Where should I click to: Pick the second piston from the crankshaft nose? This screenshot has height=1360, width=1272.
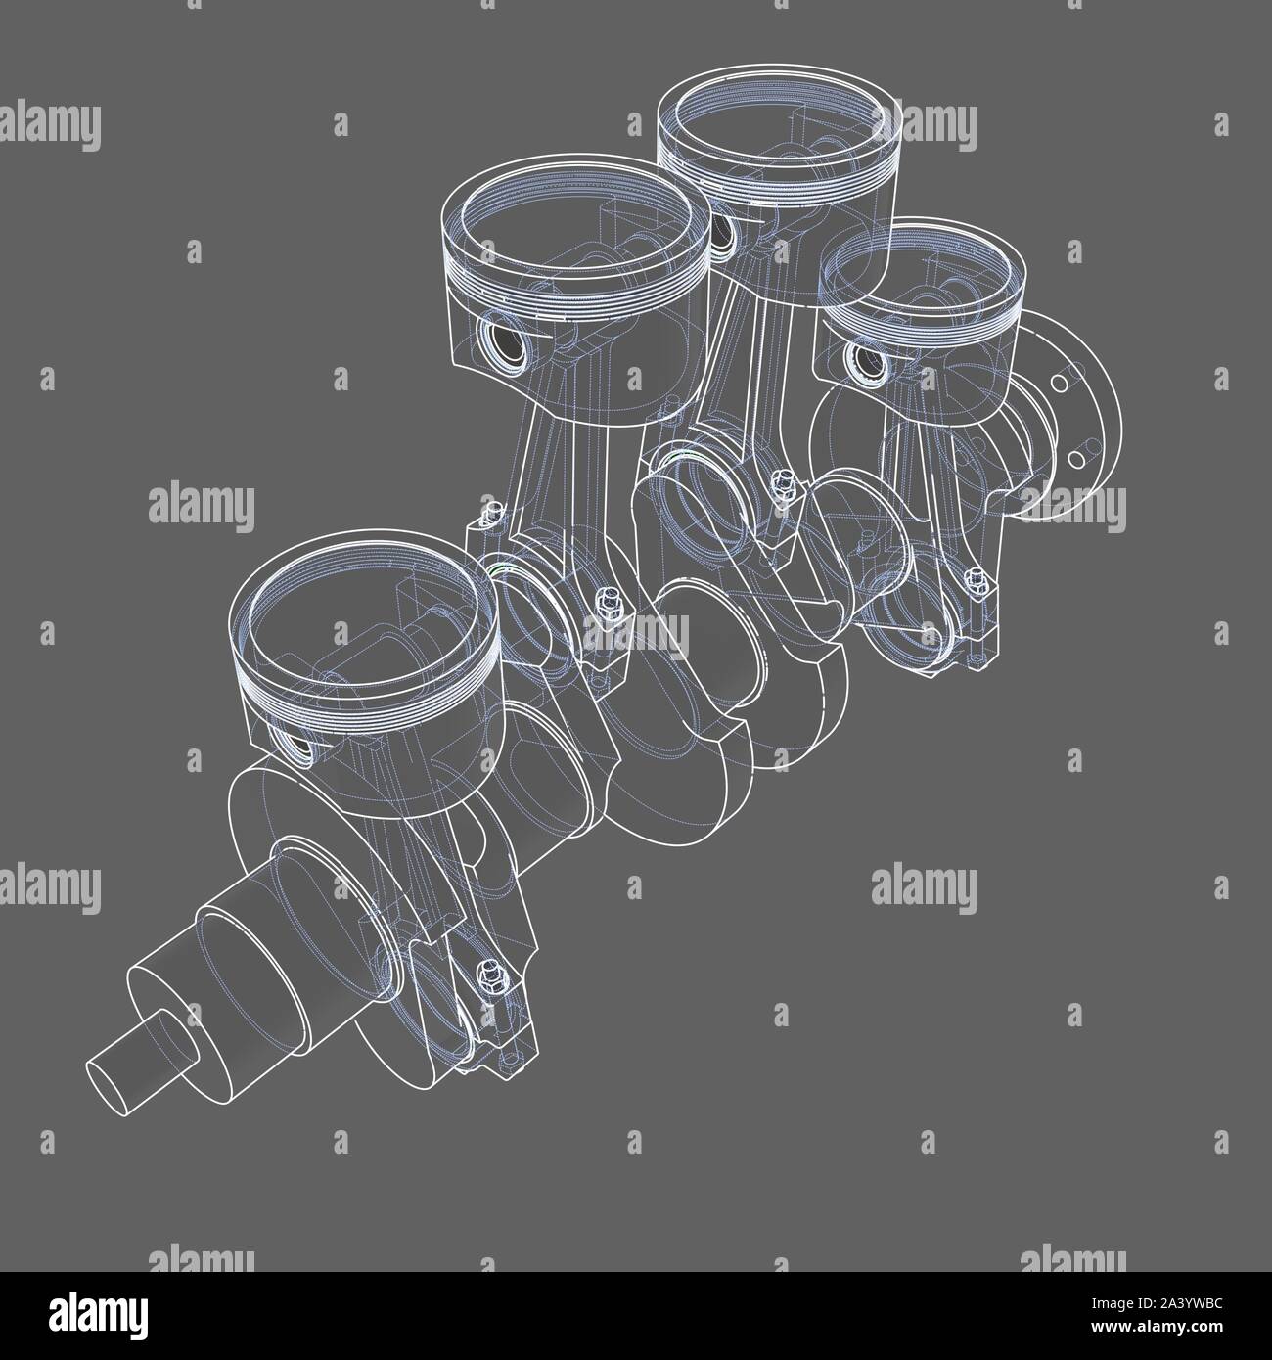click(577, 274)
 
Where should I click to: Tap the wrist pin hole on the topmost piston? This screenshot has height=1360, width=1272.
click(724, 232)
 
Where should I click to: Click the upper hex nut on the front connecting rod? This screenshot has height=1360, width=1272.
click(487, 971)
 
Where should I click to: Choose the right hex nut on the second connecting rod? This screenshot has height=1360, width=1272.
click(604, 596)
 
